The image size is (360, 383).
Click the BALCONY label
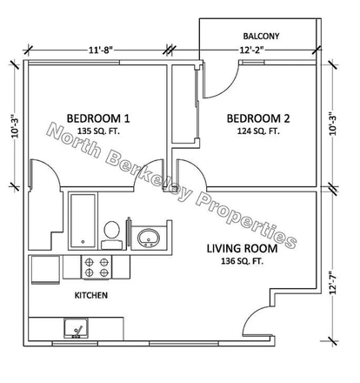coord(261,36)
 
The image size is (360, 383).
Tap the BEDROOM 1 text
coord(97,118)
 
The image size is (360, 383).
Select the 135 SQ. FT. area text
coord(97,133)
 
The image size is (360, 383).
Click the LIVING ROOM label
coord(241,249)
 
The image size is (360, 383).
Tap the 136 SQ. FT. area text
coord(241,265)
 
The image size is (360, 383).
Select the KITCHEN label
coord(90,296)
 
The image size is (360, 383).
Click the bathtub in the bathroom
coord(83,221)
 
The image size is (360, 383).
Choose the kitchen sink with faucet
coord(77,329)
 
